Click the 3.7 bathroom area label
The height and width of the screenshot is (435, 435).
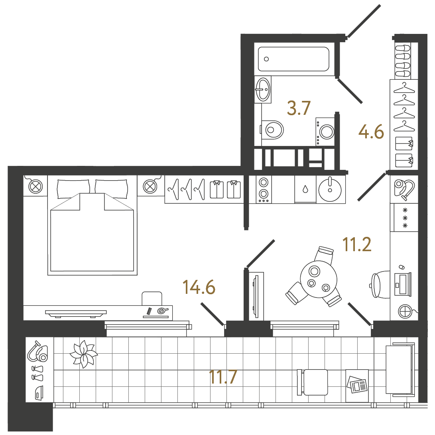(299, 108)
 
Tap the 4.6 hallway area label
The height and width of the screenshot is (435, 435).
(371, 132)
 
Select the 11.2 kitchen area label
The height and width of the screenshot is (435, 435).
(357, 244)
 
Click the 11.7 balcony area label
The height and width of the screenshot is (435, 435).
(223, 377)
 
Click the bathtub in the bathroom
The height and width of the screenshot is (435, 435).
(293, 59)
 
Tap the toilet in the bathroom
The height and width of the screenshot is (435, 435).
(272, 130)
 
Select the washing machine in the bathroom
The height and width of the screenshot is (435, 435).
(325, 132)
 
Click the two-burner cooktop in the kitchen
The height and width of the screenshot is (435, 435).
(264, 189)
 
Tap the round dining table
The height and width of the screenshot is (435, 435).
(319, 279)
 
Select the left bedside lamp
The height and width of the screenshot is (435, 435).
(36, 186)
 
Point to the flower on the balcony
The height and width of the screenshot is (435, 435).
(83, 354)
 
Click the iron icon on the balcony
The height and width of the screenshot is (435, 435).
(39, 393)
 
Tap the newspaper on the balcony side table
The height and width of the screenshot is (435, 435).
(357, 384)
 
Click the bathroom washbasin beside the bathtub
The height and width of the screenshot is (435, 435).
(262, 89)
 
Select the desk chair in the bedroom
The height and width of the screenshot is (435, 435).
(152, 299)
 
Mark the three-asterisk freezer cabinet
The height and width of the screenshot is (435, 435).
(404, 218)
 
